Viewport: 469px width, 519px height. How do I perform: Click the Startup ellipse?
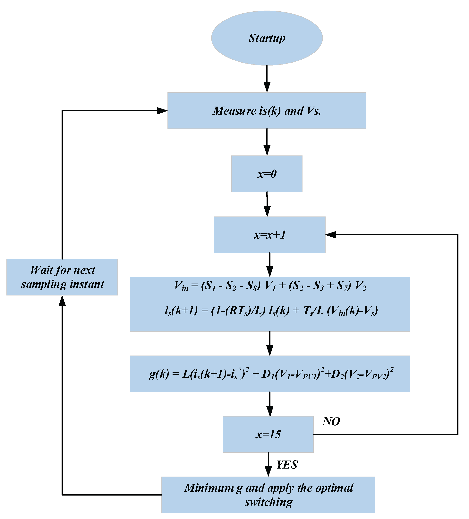(x=267, y=38)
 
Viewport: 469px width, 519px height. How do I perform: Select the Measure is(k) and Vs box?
(x=267, y=111)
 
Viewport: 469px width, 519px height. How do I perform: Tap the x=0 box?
(x=267, y=174)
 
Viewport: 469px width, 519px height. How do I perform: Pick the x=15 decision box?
(x=268, y=434)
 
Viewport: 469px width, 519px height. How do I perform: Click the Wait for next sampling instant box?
(x=62, y=277)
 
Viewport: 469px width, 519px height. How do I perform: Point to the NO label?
(x=331, y=421)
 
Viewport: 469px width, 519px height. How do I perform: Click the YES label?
(x=287, y=465)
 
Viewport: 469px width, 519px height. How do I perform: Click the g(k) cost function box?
(x=270, y=374)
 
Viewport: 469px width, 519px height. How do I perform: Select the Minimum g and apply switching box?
(x=268, y=495)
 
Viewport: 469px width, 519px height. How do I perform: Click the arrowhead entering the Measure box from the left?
(x=162, y=111)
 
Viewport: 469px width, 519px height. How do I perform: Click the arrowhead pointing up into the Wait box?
(x=62, y=301)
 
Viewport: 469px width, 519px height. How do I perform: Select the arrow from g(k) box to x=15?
(x=270, y=405)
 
